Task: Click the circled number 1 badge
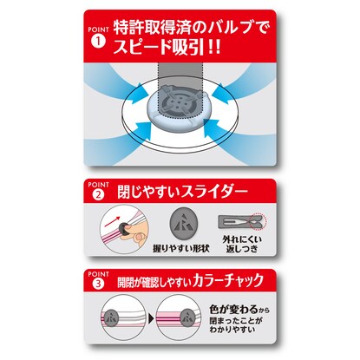coord(98,42)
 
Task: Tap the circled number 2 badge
coord(98,194)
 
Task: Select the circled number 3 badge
coord(98,284)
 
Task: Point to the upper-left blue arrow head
coord(142,93)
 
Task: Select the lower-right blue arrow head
coord(215,129)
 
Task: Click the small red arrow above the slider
coord(112,221)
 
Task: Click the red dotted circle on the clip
coord(259,222)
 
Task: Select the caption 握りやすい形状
coord(181,248)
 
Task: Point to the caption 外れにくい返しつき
coord(242,244)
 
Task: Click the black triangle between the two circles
coord(151,319)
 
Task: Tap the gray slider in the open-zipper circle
coord(111,317)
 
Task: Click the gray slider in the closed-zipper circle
coord(187,317)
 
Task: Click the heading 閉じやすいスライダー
coord(182,192)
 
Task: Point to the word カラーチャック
coord(229,280)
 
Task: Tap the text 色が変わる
coord(233,310)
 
